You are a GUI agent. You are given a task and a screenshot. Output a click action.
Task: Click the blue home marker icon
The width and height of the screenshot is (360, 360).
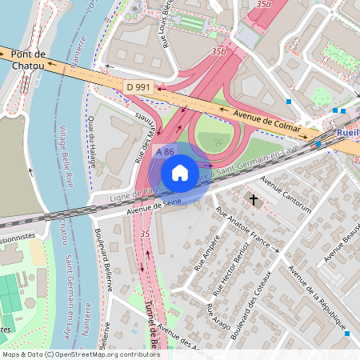tap(180, 173)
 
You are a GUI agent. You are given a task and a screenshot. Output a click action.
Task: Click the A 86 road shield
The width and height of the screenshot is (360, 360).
tap(166, 151)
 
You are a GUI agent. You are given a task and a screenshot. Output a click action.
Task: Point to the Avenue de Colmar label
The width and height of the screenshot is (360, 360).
tap(266, 120)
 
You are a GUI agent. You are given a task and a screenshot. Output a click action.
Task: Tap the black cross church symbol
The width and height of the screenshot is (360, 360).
tap(254, 199)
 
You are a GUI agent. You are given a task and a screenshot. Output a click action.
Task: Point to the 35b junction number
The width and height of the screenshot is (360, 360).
tap(218, 51)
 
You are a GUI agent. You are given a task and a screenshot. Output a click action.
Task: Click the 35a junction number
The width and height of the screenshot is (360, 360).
tap(262, 5)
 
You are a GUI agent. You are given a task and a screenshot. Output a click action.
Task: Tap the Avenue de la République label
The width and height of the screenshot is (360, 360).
tap(315, 296)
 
